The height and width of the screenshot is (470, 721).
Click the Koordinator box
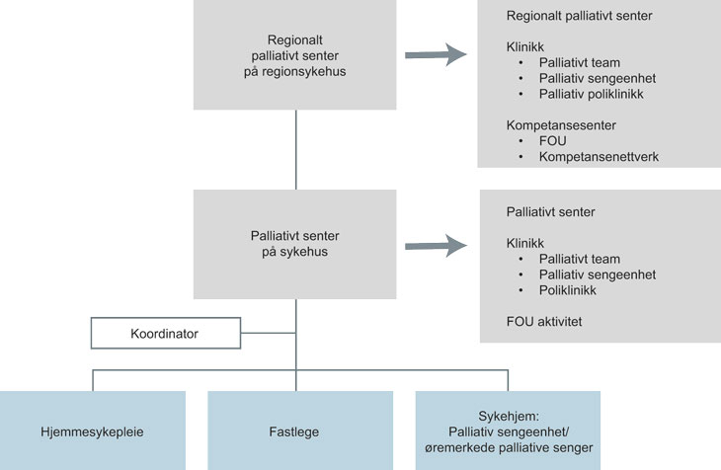click(x=164, y=334)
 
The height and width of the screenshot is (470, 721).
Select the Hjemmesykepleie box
click(x=93, y=431)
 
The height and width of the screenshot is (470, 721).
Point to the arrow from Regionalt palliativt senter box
click(x=436, y=55)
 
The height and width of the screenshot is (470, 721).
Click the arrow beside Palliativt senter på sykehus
click(x=436, y=245)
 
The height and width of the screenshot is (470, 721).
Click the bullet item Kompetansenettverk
click(x=599, y=156)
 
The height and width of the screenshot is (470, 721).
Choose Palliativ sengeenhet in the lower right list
click(x=598, y=274)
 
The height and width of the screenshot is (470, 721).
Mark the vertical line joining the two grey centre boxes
click(x=295, y=149)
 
